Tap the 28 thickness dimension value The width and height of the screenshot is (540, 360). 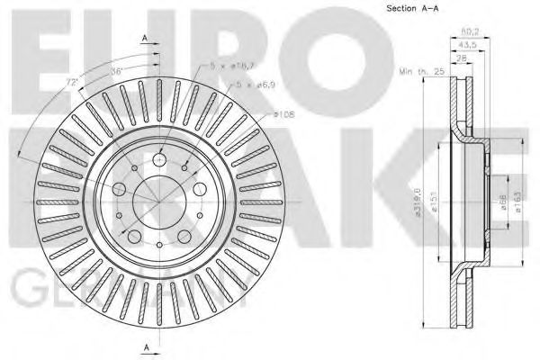click(x=463, y=58)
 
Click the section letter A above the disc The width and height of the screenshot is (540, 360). click(x=145, y=37)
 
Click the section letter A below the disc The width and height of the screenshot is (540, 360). click(x=145, y=346)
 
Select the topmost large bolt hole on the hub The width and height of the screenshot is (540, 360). click(x=159, y=159)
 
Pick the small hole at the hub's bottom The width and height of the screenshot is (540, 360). click(x=159, y=244)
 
